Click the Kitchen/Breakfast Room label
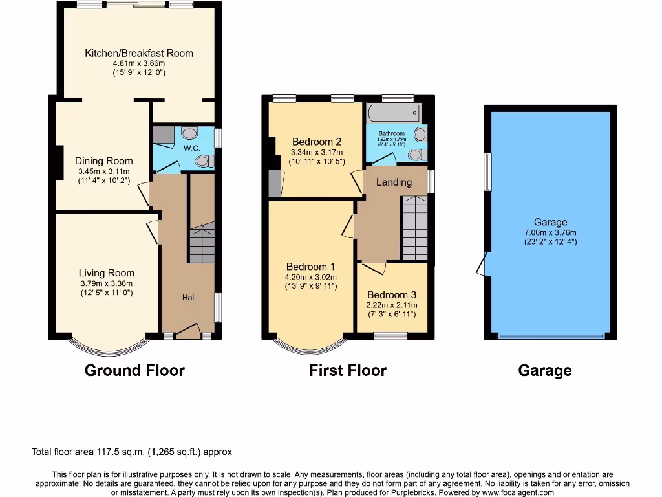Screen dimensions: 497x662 click(x=139, y=53)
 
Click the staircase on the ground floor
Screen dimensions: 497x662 click(x=202, y=243)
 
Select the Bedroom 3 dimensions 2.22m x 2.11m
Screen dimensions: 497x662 click(x=392, y=305)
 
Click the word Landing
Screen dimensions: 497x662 click(x=394, y=182)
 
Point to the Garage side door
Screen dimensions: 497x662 click(x=482, y=265)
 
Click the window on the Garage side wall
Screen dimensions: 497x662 click(x=488, y=173)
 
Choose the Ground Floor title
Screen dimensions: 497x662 click(x=134, y=371)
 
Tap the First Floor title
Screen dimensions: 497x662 click(x=348, y=371)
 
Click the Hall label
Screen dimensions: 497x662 click(x=188, y=298)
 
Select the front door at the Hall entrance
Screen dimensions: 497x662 click(x=188, y=332)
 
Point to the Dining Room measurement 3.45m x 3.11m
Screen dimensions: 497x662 click(x=104, y=171)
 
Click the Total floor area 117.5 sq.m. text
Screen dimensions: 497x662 click(x=132, y=452)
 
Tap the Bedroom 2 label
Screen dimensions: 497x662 click(x=317, y=142)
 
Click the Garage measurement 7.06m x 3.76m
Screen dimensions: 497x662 click(x=550, y=233)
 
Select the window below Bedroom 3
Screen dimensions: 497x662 click(x=391, y=335)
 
